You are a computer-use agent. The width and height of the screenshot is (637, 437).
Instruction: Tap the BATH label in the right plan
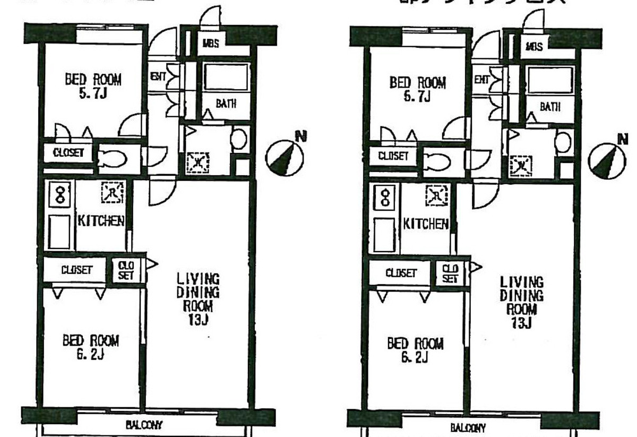pos(550,106)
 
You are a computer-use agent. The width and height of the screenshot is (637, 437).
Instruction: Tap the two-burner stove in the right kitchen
pos(385,199)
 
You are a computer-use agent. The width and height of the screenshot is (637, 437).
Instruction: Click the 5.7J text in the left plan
pos(92,95)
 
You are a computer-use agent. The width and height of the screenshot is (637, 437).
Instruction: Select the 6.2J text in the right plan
pos(415,358)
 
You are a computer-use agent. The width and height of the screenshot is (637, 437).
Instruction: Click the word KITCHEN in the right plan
pos(426,224)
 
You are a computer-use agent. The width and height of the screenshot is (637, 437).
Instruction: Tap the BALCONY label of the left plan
pos(144,425)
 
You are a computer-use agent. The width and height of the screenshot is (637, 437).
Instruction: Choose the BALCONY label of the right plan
pos(468,428)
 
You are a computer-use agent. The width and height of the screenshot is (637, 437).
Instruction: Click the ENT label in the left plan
pos(158,76)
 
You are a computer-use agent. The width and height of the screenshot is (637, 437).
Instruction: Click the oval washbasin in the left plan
pos(238,139)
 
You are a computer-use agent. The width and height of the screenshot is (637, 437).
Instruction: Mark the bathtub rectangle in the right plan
pos(550,81)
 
